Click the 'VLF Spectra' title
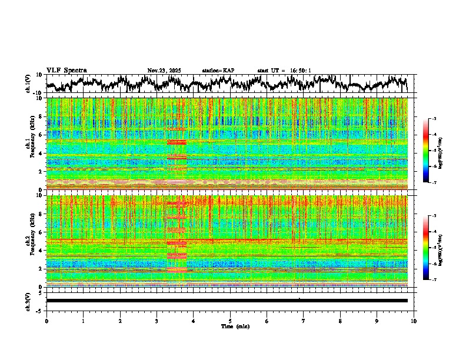(66, 71)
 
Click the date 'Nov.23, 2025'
(164, 71)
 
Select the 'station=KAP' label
(218, 71)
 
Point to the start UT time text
(284, 71)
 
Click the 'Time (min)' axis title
(235, 326)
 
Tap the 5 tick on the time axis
(230, 321)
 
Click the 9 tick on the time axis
(377, 321)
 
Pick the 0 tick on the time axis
(46, 321)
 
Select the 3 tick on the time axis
(157, 321)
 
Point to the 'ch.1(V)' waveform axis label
(28, 84)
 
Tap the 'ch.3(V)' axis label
(28, 301)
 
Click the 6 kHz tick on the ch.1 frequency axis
(42, 135)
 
